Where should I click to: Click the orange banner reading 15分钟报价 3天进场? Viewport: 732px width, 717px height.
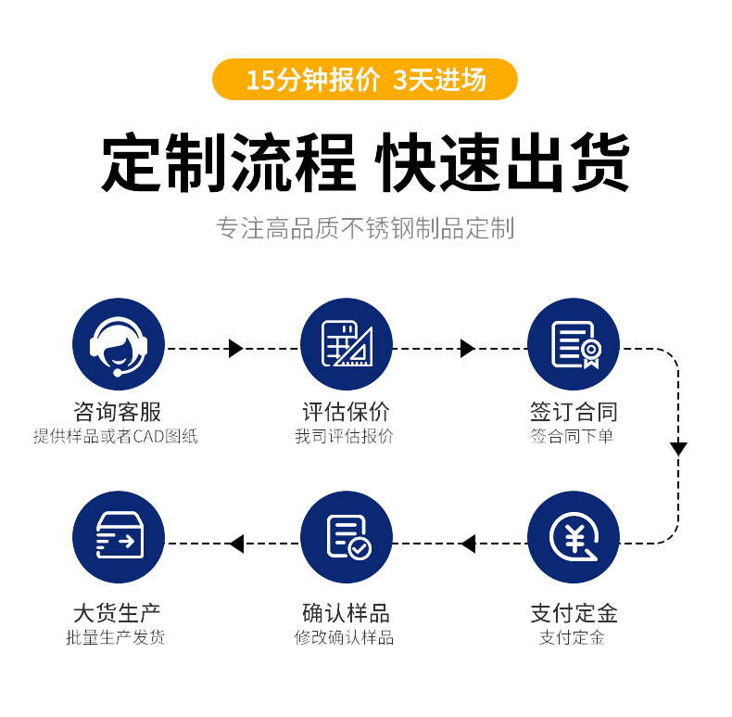tap(365, 80)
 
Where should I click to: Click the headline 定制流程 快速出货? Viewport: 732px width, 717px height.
tap(365, 164)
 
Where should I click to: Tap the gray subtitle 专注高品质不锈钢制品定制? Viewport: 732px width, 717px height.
tap(365, 228)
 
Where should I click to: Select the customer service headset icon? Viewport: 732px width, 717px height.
tap(119, 344)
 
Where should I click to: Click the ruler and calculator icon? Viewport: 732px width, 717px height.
tap(347, 344)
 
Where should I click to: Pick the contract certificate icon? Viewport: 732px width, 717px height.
tap(574, 344)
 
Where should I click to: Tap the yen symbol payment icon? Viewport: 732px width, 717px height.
tap(574, 538)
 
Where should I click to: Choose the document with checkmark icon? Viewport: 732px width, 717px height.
tap(347, 538)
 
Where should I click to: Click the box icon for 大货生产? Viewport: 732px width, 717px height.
tap(119, 538)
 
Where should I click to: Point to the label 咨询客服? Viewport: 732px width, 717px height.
tap(118, 412)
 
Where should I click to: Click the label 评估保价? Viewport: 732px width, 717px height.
tap(346, 412)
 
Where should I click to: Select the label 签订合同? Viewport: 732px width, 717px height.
tap(574, 412)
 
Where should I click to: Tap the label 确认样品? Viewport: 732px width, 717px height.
tap(346, 613)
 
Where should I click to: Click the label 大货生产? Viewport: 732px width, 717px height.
tap(118, 613)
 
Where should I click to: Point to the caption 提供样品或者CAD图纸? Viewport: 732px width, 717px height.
tap(116, 436)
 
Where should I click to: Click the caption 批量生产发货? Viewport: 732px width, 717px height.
tap(116, 637)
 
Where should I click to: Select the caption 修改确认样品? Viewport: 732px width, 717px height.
tap(345, 637)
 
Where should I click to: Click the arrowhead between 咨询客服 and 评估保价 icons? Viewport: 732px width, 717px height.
tap(235, 349)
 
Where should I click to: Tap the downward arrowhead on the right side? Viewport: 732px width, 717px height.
tap(678, 449)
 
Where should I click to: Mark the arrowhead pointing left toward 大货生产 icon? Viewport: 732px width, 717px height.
tap(236, 544)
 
